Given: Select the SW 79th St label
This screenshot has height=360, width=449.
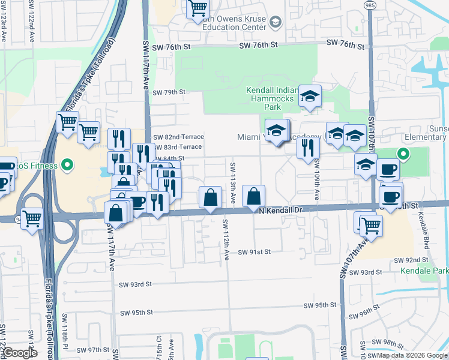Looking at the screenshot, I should pyautogui.click(x=169, y=92).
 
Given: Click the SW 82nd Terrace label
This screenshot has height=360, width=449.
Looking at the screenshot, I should pyautogui.click(x=178, y=137).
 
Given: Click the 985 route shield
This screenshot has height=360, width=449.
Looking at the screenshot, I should pyautogui.click(x=369, y=4).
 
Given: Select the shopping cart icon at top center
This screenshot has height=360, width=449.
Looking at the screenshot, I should pyautogui.click(x=198, y=8).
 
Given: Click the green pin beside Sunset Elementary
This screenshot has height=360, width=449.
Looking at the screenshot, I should pyautogui.click(x=404, y=154).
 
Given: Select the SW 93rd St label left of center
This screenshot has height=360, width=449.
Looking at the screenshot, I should pyautogui.click(x=136, y=284).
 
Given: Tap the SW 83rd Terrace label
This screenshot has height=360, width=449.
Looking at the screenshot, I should pyautogui.click(x=178, y=147).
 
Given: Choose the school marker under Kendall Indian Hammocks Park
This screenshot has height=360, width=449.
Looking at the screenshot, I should pyautogui.click(x=310, y=95).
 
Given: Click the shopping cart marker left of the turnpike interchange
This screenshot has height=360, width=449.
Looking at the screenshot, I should pyautogui.click(x=31, y=218).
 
